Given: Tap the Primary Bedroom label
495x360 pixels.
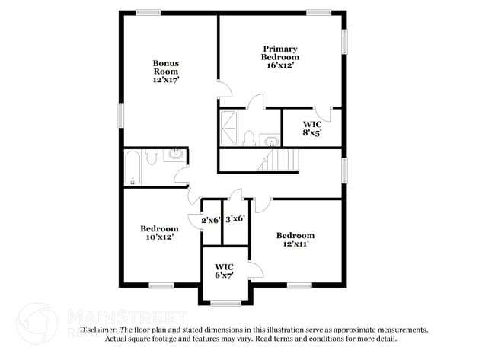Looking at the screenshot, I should point(280,53).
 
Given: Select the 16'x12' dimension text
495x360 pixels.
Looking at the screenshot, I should point(280,65).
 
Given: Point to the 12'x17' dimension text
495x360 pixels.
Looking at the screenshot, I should point(166,79).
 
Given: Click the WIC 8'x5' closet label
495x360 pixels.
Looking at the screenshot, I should point(311,127).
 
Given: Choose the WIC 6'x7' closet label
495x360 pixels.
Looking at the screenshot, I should point(224,270).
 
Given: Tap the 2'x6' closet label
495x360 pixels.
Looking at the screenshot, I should point(210,221).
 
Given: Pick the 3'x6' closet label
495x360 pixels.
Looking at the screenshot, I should point(235,218).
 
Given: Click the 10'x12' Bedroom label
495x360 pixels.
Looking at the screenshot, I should point(159,232).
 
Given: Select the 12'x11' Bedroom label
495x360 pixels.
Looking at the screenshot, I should point(295,240).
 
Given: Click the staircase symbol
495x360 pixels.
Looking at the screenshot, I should point(280,161).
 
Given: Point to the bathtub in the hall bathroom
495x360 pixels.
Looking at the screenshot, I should point(134,167).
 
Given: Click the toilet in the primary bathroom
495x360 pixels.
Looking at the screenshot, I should point(248,139).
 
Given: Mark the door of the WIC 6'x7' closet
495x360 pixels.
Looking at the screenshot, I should point(255,269).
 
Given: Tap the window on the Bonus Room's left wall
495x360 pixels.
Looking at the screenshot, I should point(120,116).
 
